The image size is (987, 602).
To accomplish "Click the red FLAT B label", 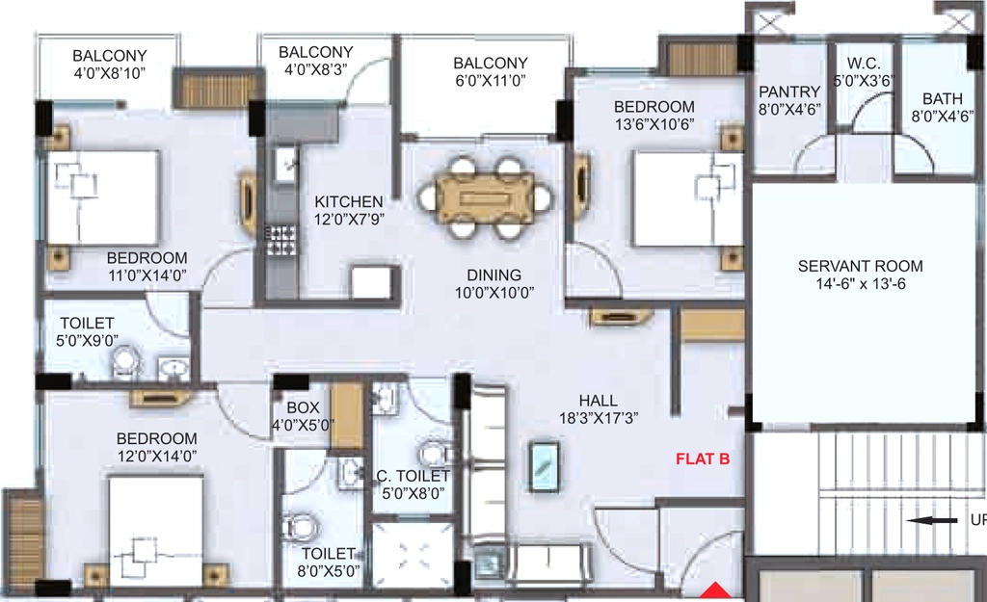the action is (x=703, y=459).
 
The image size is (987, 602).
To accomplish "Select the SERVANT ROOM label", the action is (x=861, y=266).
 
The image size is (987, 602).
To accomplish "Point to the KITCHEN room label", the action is (x=349, y=202).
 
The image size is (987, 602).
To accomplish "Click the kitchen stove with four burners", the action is (x=280, y=240).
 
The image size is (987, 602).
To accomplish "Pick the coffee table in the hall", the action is (x=544, y=466).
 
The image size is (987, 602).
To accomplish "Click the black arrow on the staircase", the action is (x=932, y=520).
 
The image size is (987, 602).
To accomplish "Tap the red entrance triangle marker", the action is (x=715, y=590).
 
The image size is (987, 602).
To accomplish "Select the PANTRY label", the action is (x=789, y=92).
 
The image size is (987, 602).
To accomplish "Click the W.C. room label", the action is (x=864, y=63).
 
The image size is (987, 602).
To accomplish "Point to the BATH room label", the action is (x=943, y=99).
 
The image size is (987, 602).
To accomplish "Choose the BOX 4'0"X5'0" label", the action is (x=303, y=416).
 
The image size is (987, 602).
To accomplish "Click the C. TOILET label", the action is (x=413, y=476).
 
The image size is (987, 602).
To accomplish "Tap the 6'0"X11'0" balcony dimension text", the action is (x=491, y=81).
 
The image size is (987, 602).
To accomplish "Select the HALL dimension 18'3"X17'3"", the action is (x=599, y=418).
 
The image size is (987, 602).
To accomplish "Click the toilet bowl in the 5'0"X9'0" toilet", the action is (x=125, y=363).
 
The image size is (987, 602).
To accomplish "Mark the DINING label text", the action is (x=494, y=275).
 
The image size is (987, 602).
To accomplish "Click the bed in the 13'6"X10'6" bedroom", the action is (x=687, y=198).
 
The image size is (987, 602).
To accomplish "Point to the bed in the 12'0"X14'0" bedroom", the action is (x=156, y=533).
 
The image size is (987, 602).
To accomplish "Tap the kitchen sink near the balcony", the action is (x=285, y=165).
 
